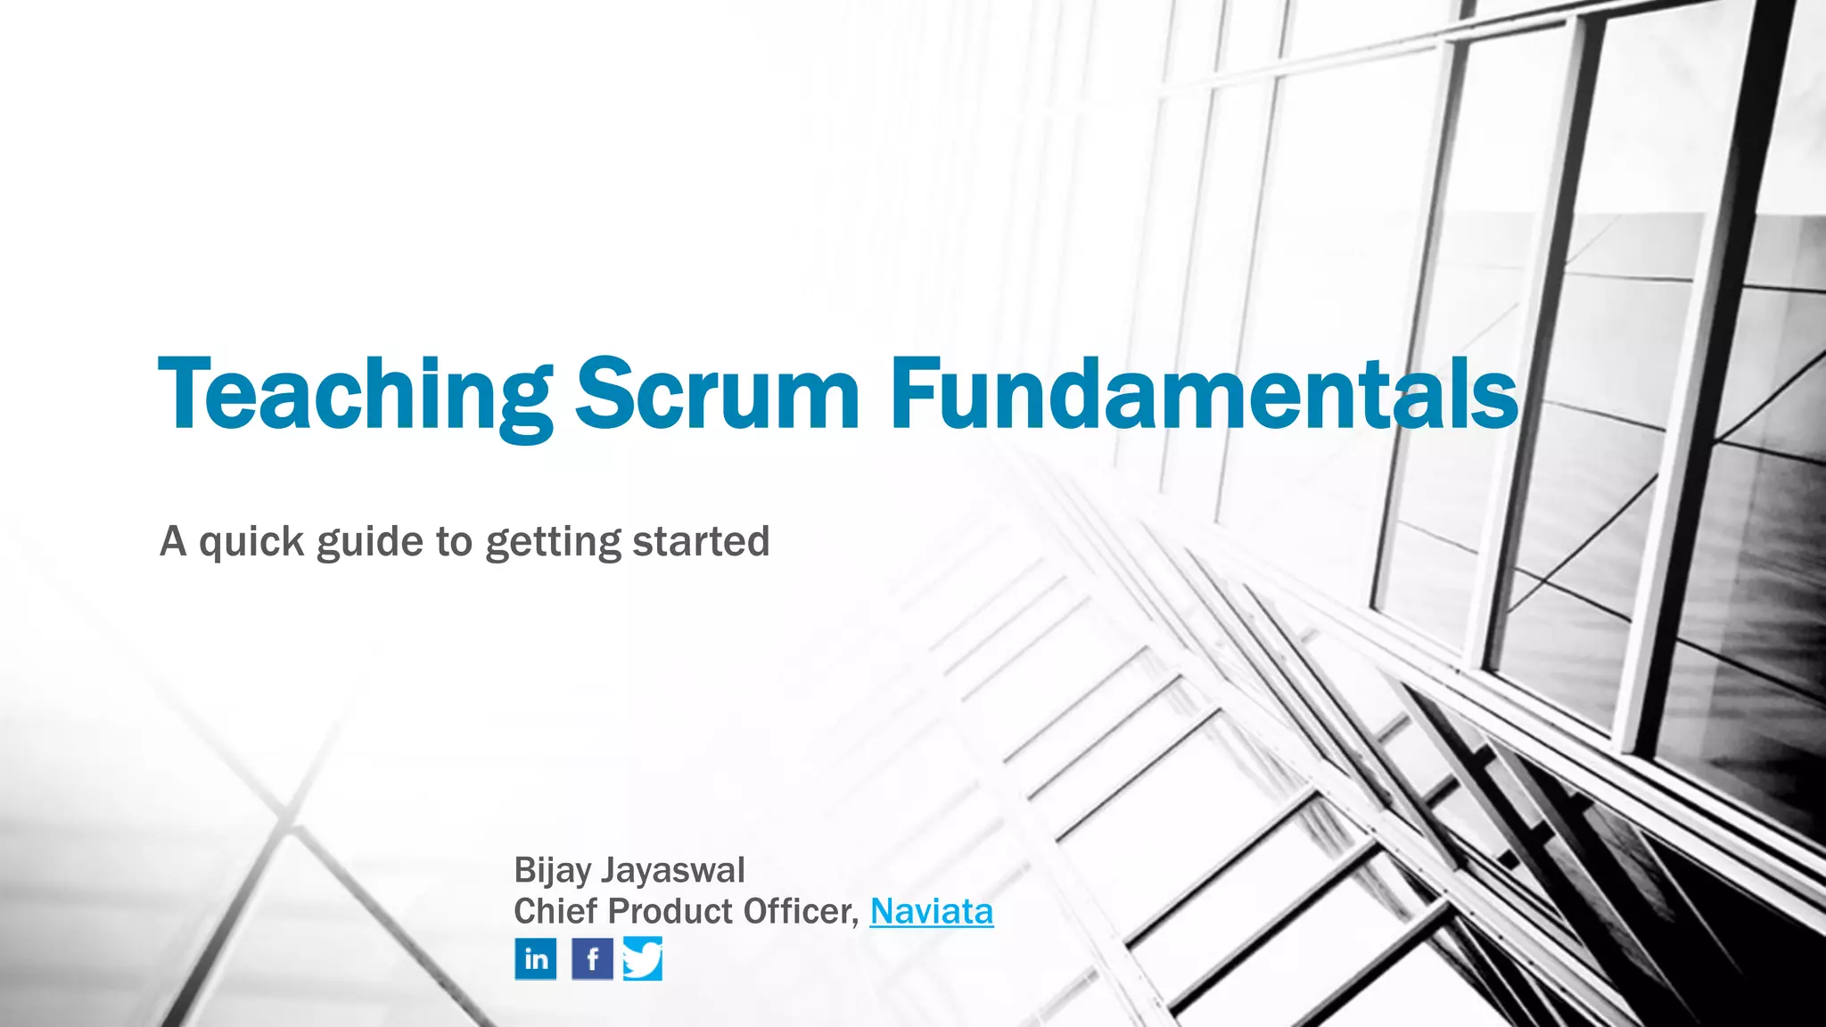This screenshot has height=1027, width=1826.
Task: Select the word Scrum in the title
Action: click(718, 394)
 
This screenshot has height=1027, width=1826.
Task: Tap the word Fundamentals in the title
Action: click(1204, 394)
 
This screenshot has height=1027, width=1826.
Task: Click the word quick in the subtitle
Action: click(251, 542)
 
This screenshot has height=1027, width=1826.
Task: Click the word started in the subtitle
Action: click(701, 542)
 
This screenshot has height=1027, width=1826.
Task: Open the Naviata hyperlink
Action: click(932, 912)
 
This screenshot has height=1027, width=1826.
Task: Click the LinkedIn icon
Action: click(536, 959)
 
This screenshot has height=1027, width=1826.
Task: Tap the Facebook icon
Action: click(592, 959)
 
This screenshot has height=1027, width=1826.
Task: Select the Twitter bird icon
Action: click(643, 959)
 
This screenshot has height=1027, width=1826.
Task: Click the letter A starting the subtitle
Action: click(173, 542)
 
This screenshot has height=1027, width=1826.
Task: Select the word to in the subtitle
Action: click(454, 542)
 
